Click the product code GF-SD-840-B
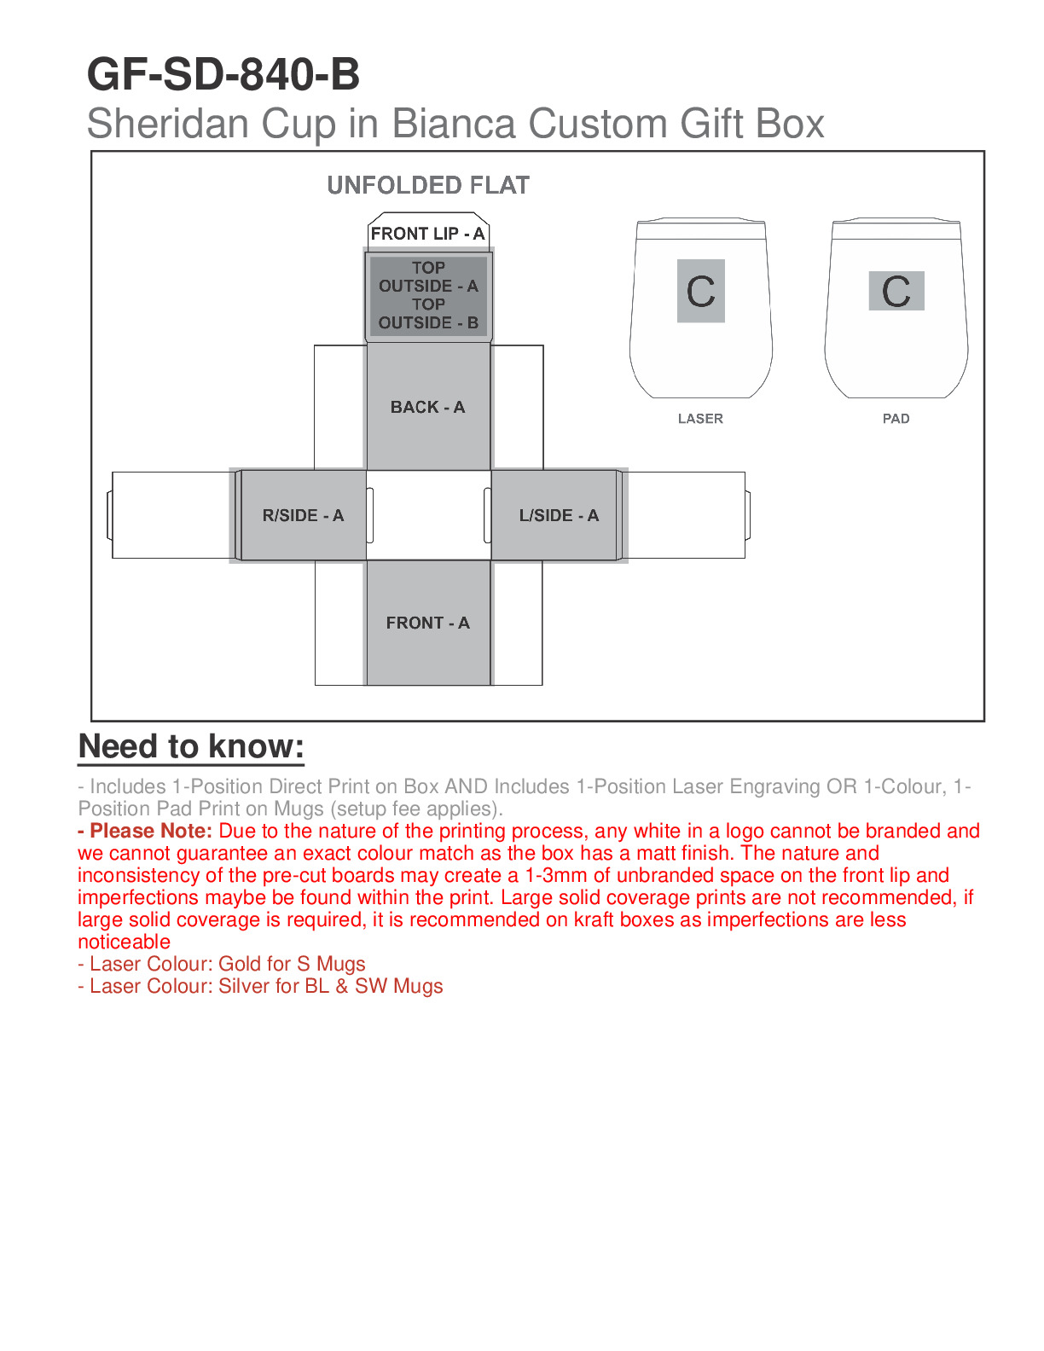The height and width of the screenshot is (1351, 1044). [x=223, y=75]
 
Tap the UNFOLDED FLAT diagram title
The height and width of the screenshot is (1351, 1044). [x=428, y=185]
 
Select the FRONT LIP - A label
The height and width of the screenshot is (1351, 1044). [x=427, y=234]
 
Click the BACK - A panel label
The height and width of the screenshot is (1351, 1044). [x=427, y=407]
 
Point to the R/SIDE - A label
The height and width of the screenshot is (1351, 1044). [x=303, y=515]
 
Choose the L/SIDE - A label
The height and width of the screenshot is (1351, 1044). [x=559, y=515]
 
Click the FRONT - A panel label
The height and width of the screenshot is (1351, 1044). [x=427, y=623]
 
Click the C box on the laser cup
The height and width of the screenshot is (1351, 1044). [x=700, y=291]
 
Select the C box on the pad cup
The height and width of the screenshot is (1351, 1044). [x=896, y=291]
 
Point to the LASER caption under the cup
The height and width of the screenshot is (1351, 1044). [x=700, y=419]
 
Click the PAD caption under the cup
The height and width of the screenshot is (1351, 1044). [x=896, y=419]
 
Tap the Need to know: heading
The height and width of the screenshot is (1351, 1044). [x=191, y=746]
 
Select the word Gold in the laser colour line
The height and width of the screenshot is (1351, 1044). [x=240, y=964]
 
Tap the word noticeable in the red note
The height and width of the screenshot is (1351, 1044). [x=124, y=942]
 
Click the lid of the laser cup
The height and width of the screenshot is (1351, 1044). [x=700, y=229]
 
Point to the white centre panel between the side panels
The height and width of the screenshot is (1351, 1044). [x=428, y=515]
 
